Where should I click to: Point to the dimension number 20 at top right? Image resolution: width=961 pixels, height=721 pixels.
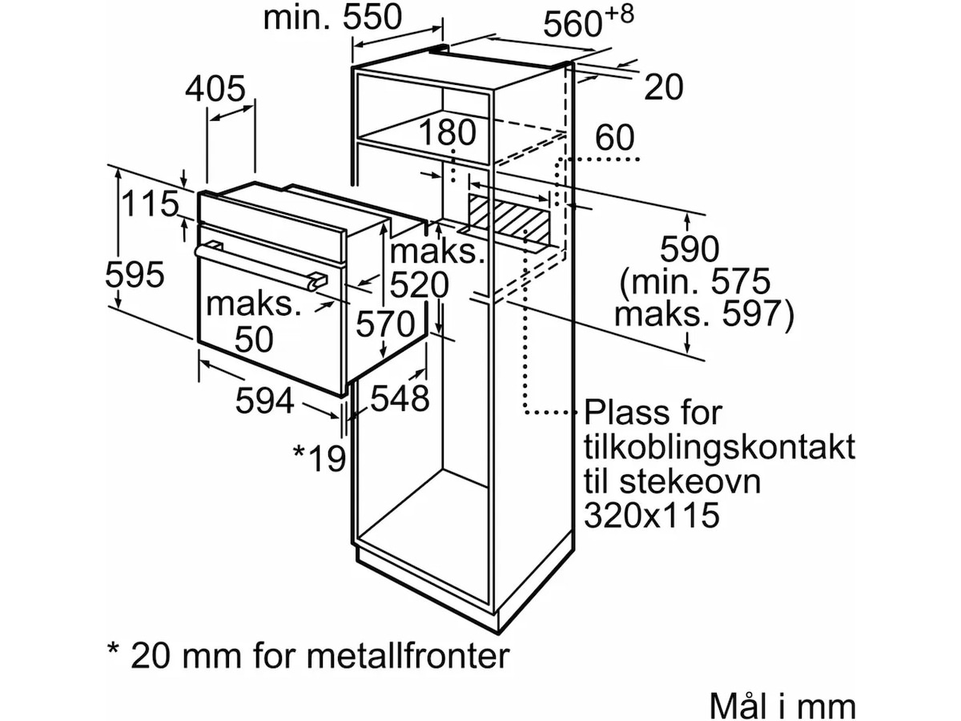point(664,87)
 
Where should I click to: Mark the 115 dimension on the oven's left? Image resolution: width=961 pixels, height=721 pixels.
point(149,204)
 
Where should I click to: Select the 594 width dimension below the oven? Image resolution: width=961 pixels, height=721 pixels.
point(264,401)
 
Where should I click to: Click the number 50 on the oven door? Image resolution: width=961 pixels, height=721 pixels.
point(254,340)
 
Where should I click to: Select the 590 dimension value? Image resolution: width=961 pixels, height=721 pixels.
point(689,250)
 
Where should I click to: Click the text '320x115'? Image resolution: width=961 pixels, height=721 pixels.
point(651,515)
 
